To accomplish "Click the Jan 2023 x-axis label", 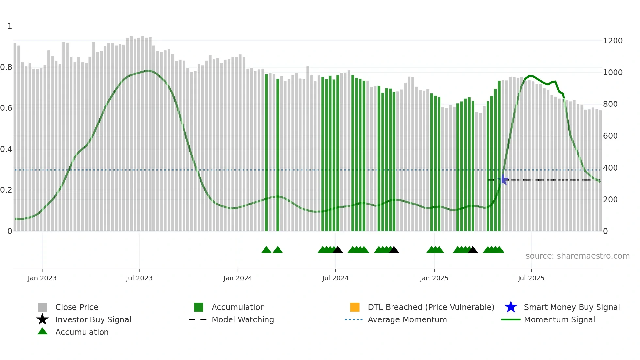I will coord(42,278).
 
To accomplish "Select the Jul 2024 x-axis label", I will coord(335,278).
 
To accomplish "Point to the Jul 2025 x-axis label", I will coord(531,278).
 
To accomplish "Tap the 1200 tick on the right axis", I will coord(613,41).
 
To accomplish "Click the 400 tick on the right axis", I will coord(610,168).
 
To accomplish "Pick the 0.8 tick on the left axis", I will coord(6,67).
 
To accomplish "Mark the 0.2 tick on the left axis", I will coord(6,190).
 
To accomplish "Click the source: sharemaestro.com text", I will coord(577,256).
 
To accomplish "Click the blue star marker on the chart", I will coord(503,180).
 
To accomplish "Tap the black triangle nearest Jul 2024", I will coord(337,250).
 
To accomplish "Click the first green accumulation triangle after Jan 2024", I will coord(266,250).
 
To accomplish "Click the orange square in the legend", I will coord(355,307).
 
